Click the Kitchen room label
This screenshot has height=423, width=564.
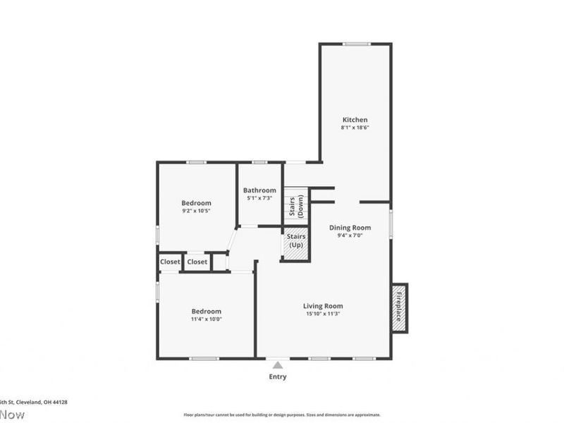tap(355, 120)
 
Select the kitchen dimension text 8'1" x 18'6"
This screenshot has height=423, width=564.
tap(355, 128)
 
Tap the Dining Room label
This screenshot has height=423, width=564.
tap(351, 228)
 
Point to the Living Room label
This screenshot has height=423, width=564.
tap(323, 306)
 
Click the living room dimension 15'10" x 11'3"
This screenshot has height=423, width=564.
tap(323, 314)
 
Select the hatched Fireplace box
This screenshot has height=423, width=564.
tap(398, 308)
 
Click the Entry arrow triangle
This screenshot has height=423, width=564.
tap(278, 365)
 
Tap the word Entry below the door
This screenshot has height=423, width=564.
tap(278, 376)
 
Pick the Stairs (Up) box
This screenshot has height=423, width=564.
tap(296, 244)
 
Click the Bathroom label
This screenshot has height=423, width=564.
tap(259, 190)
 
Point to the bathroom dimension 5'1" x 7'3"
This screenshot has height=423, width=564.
tap(259, 198)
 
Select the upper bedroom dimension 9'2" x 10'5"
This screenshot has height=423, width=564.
tap(196, 211)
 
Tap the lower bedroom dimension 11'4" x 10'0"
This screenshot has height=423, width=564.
tap(206, 319)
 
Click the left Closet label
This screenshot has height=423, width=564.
tap(170, 262)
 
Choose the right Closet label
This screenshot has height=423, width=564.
tap(197, 262)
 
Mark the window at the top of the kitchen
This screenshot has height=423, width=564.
tap(356, 44)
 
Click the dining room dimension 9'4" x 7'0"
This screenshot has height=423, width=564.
tap(351, 235)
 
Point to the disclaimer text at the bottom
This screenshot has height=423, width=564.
tap(281, 415)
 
